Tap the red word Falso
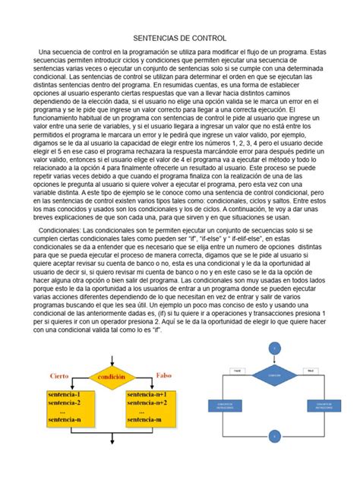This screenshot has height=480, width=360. pos(163,375)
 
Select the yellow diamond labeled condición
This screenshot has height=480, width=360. pos(112,376)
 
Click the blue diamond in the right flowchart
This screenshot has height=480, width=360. pos(275,374)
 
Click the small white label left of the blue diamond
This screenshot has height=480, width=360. pos(236,370)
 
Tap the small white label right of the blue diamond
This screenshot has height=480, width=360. pos(311,370)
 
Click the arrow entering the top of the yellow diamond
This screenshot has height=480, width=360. pos(112,357)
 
